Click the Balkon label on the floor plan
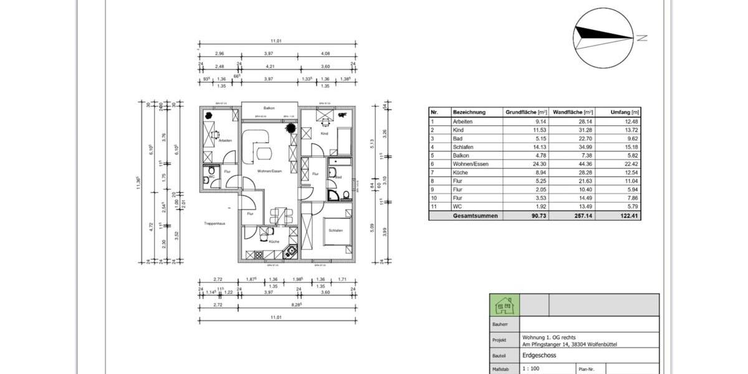(269, 107)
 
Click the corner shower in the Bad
(342, 195)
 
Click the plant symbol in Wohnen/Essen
(290, 128)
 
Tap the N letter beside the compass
(641, 38)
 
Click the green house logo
(504, 305)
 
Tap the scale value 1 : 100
(531, 369)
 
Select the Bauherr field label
(501, 325)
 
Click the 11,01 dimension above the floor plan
(276, 42)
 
